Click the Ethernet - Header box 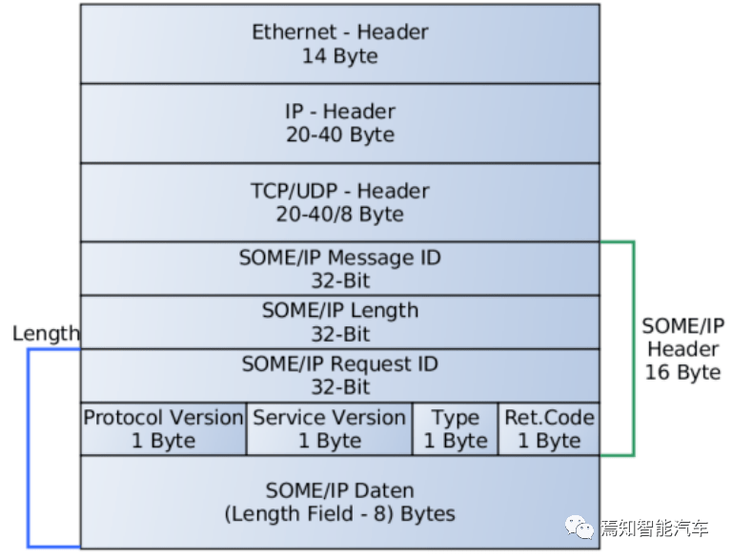[340, 44]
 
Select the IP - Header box [340, 123]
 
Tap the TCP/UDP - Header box [340, 202]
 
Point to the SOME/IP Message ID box [340, 268]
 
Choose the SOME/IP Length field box [340, 322]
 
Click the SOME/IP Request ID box [340, 375]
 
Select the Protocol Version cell [163, 428]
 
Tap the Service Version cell [329, 428]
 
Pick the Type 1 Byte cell [456, 428]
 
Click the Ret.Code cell [549, 428]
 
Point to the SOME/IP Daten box [340, 502]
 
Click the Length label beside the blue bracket [46, 334]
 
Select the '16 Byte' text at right [682, 372]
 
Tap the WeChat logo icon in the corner [579, 528]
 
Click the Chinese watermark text [654, 529]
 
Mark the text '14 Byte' [340, 56]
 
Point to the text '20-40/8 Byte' [340, 215]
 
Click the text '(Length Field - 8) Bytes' [340, 513]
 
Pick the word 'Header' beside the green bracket [682, 349]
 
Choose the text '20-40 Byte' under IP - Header [340, 135]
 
